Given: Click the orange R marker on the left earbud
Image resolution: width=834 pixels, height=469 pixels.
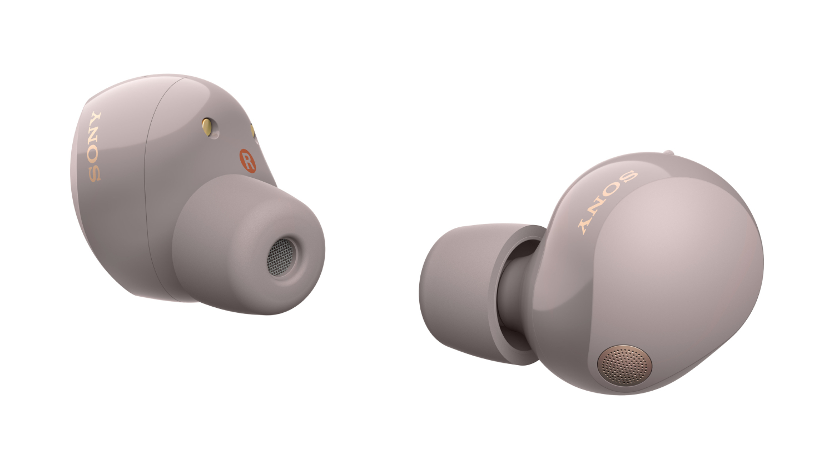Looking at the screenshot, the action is point(247,161).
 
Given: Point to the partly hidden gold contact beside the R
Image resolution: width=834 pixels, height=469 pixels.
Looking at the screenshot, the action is point(252,131).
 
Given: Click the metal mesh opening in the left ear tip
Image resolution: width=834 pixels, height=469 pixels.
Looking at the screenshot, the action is point(280,257).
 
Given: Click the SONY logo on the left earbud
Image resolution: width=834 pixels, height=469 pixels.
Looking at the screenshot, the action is point(95,147).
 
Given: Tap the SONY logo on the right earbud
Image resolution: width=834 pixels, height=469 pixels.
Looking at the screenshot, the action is point(607,202).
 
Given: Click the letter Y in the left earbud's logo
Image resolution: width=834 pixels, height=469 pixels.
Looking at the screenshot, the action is point(96,119).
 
